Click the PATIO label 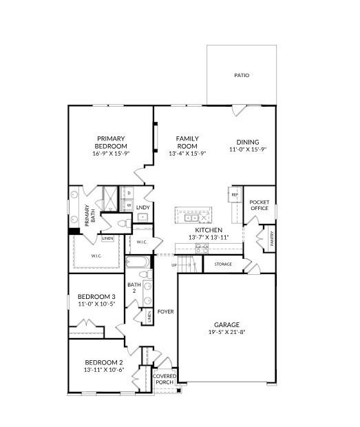coord(241,75)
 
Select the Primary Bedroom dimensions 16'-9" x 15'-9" coord(111,154)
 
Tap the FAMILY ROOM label coord(187,142)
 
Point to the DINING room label coord(247,142)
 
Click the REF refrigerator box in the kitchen coord(234,195)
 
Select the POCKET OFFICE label coord(260,205)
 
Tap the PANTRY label coord(272,239)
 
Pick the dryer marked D coord(128,193)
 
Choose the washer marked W coord(128,205)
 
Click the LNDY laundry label coord(142,207)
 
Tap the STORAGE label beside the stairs coord(222,264)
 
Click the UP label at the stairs coord(174,264)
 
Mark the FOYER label coord(165,311)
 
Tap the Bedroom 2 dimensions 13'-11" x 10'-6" coord(104,370)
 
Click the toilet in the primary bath coord(122,223)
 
